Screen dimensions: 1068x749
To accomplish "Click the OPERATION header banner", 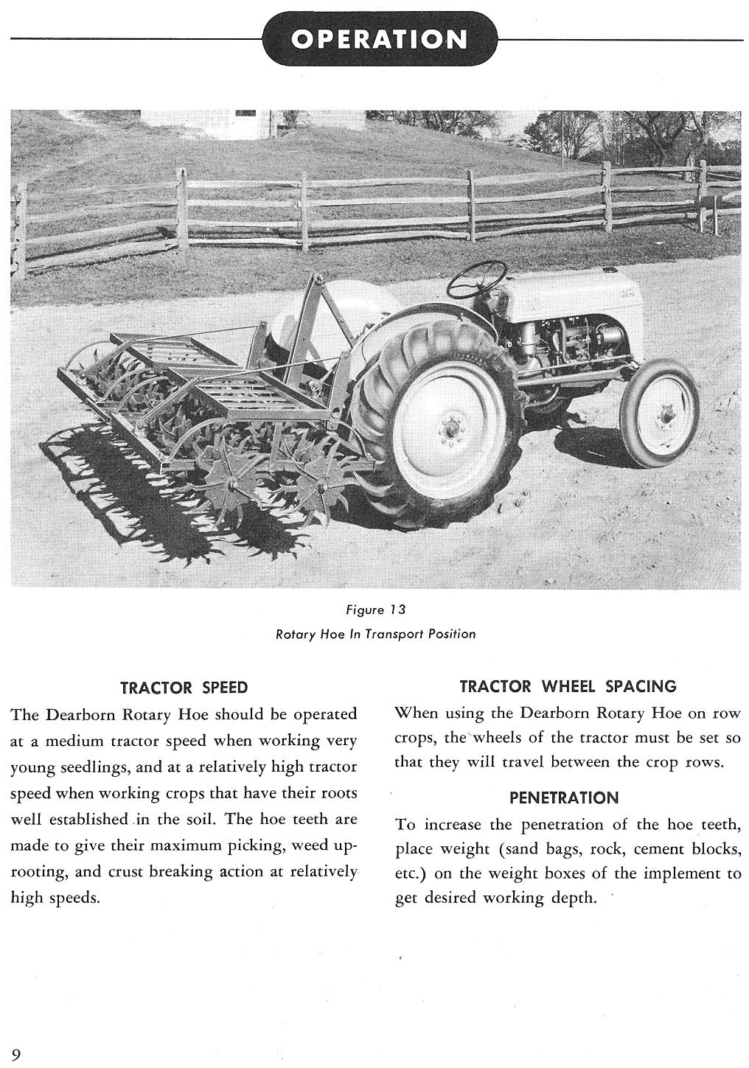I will [x=379, y=39].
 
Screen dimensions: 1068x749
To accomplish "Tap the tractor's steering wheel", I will [x=477, y=278].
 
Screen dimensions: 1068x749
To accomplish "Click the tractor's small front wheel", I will [x=660, y=413].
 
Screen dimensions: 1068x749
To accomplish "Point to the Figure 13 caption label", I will [x=376, y=610].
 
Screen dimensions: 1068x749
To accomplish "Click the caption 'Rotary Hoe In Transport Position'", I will [x=375, y=634].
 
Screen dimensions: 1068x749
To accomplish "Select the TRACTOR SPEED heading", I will [x=184, y=688].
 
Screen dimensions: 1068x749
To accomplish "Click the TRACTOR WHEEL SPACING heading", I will [x=568, y=687].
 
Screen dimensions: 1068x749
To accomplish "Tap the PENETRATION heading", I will [x=564, y=797].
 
